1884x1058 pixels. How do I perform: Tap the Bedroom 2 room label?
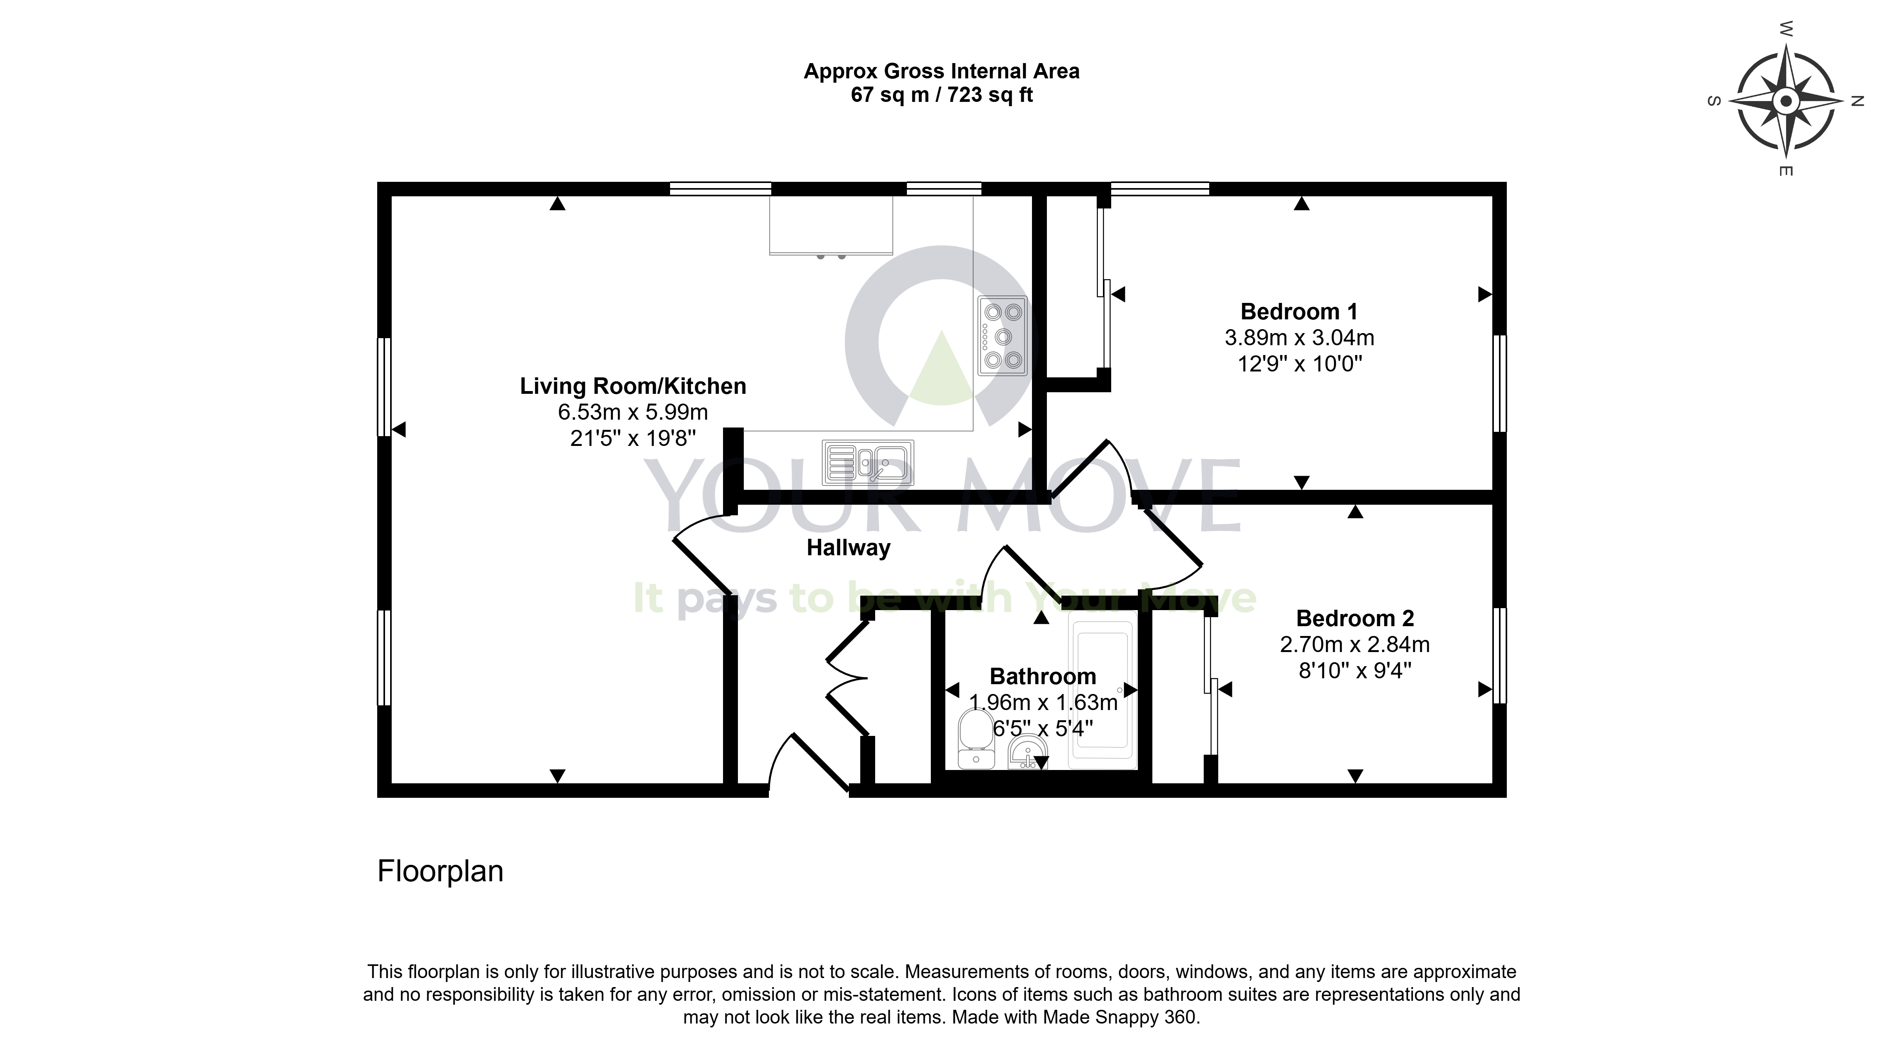(x=1355, y=619)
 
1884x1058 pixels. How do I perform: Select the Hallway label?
(x=848, y=548)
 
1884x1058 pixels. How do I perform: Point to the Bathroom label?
(x=1043, y=676)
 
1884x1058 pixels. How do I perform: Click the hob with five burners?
(x=1002, y=336)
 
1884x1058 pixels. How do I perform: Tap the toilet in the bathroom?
(x=976, y=739)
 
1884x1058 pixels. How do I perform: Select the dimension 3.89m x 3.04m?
(x=1300, y=338)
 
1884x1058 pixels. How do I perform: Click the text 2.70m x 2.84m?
(x=1355, y=644)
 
